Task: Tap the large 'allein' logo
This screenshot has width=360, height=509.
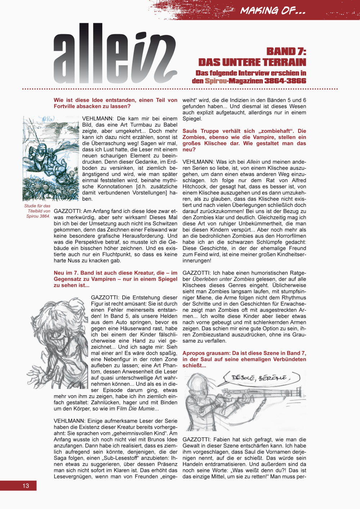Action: coord(115,54)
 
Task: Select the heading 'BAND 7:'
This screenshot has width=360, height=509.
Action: coord(286,51)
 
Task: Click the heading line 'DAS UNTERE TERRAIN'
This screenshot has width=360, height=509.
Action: coord(252,62)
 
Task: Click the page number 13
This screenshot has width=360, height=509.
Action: coord(26,486)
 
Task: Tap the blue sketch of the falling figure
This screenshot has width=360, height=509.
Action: coord(50,158)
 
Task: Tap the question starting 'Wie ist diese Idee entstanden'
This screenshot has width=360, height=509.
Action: coord(116,103)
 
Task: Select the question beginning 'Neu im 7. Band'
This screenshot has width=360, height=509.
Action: coord(116,279)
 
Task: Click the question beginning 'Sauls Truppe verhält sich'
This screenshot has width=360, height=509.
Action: coord(244,140)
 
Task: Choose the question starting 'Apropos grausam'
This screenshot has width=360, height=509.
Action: coord(244,359)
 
